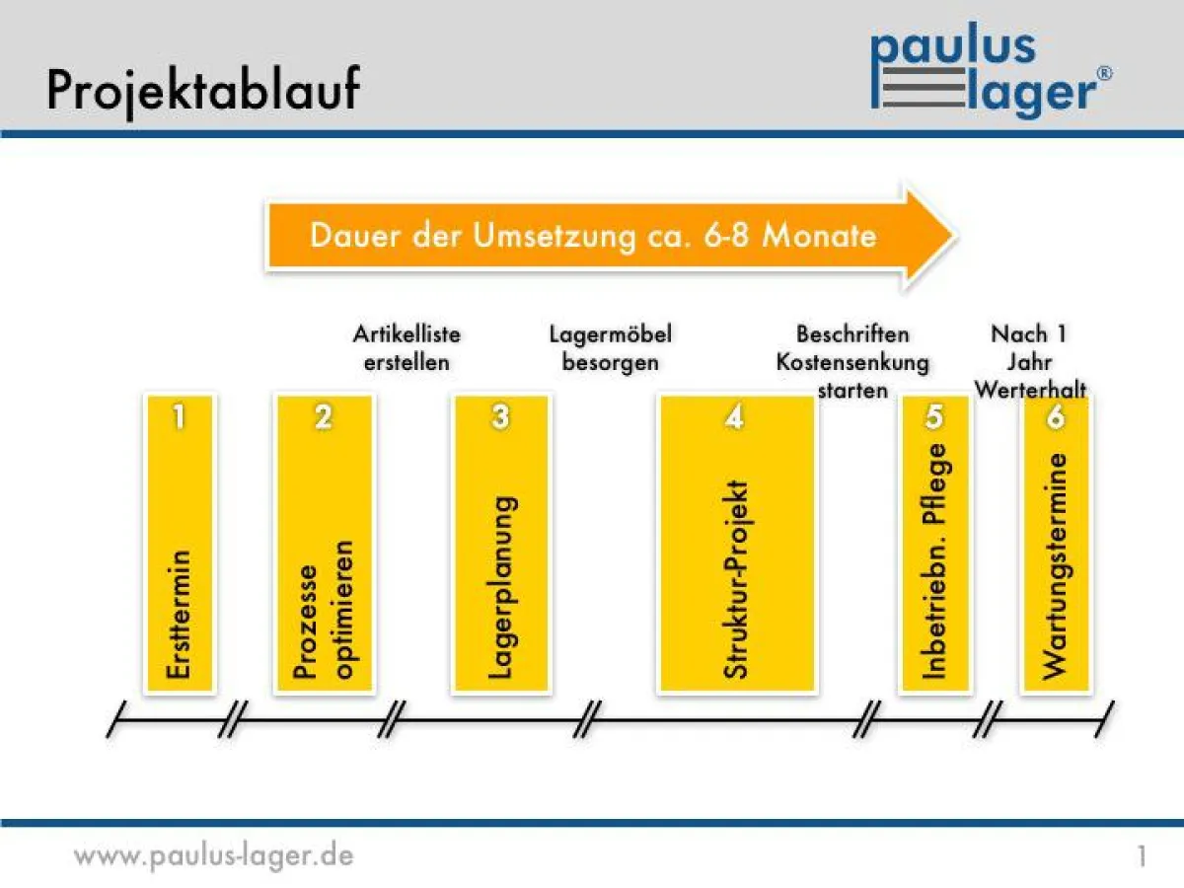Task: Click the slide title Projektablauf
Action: coord(203,88)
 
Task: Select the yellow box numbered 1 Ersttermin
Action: coord(179,543)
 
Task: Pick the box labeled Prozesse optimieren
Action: coord(324,543)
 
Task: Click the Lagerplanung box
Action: coord(500,543)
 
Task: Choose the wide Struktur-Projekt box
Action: coord(736,543)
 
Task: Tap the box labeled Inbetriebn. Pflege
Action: coord(934,543)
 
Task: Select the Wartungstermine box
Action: coord(1056,543)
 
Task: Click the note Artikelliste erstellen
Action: coord(407,347)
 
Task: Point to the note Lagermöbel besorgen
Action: coord(610,347)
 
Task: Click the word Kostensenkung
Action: coord(852,362)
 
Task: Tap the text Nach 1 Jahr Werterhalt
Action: coord(1030,361)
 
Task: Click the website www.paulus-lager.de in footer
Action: coord(213,854)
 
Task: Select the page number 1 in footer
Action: coord(1142,856)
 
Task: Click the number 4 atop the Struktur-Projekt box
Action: coord(735,417)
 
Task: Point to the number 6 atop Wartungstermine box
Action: coord(1056,417)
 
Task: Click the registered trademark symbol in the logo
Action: coord(1105,73)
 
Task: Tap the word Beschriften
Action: coord(852,334)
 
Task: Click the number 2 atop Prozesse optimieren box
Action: coord(324,417)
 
